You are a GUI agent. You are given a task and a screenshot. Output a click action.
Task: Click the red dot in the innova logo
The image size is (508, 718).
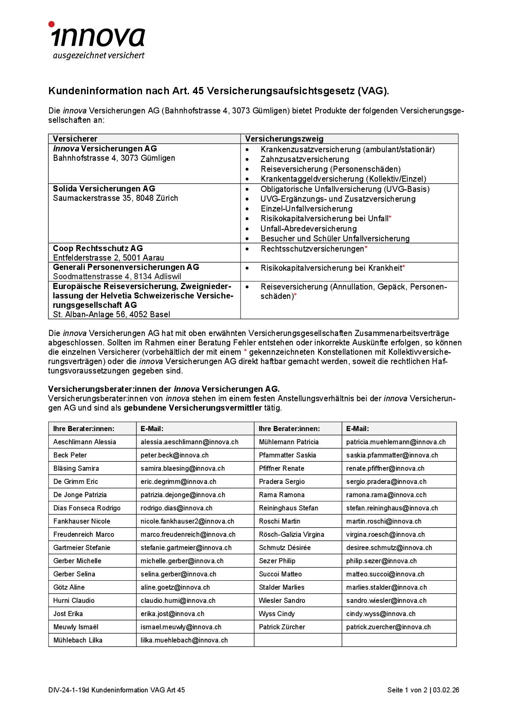52,24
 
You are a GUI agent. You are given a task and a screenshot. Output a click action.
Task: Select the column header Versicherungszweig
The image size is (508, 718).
284,139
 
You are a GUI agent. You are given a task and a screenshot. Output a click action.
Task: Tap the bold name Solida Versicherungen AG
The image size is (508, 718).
104,188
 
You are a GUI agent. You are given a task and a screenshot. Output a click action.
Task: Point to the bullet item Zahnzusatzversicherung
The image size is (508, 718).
305,159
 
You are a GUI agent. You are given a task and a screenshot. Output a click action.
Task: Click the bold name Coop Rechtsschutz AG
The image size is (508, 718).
98,248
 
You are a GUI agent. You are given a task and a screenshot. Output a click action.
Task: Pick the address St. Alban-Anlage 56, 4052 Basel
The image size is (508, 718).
111,314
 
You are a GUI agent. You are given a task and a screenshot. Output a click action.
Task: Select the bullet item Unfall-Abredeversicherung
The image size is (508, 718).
308,229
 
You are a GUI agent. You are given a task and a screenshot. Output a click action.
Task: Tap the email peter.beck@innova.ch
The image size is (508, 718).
174,455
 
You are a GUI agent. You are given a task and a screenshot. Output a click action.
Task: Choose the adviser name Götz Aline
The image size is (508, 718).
69,587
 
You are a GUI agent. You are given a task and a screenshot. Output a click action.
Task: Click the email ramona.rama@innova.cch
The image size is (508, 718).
386,495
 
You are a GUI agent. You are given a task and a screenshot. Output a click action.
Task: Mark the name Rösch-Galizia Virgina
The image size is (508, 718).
291,534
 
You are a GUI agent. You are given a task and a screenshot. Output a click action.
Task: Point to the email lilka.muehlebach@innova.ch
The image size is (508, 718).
184,640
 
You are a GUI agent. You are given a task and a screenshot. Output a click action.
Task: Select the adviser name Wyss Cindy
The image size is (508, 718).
276,614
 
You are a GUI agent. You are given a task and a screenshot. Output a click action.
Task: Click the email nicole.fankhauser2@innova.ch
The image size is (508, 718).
187,521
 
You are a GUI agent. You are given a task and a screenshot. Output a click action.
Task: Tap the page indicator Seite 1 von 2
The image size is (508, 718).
407,690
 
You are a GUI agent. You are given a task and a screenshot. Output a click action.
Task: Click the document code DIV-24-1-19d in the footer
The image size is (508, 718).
69,690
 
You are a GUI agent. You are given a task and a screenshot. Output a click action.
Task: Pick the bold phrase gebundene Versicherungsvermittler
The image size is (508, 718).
192,408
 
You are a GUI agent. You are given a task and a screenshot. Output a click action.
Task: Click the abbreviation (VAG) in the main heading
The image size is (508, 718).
373,91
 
